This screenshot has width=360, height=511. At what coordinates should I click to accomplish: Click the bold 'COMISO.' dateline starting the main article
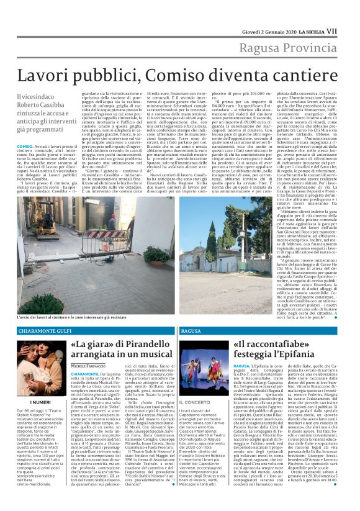point(27,145)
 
